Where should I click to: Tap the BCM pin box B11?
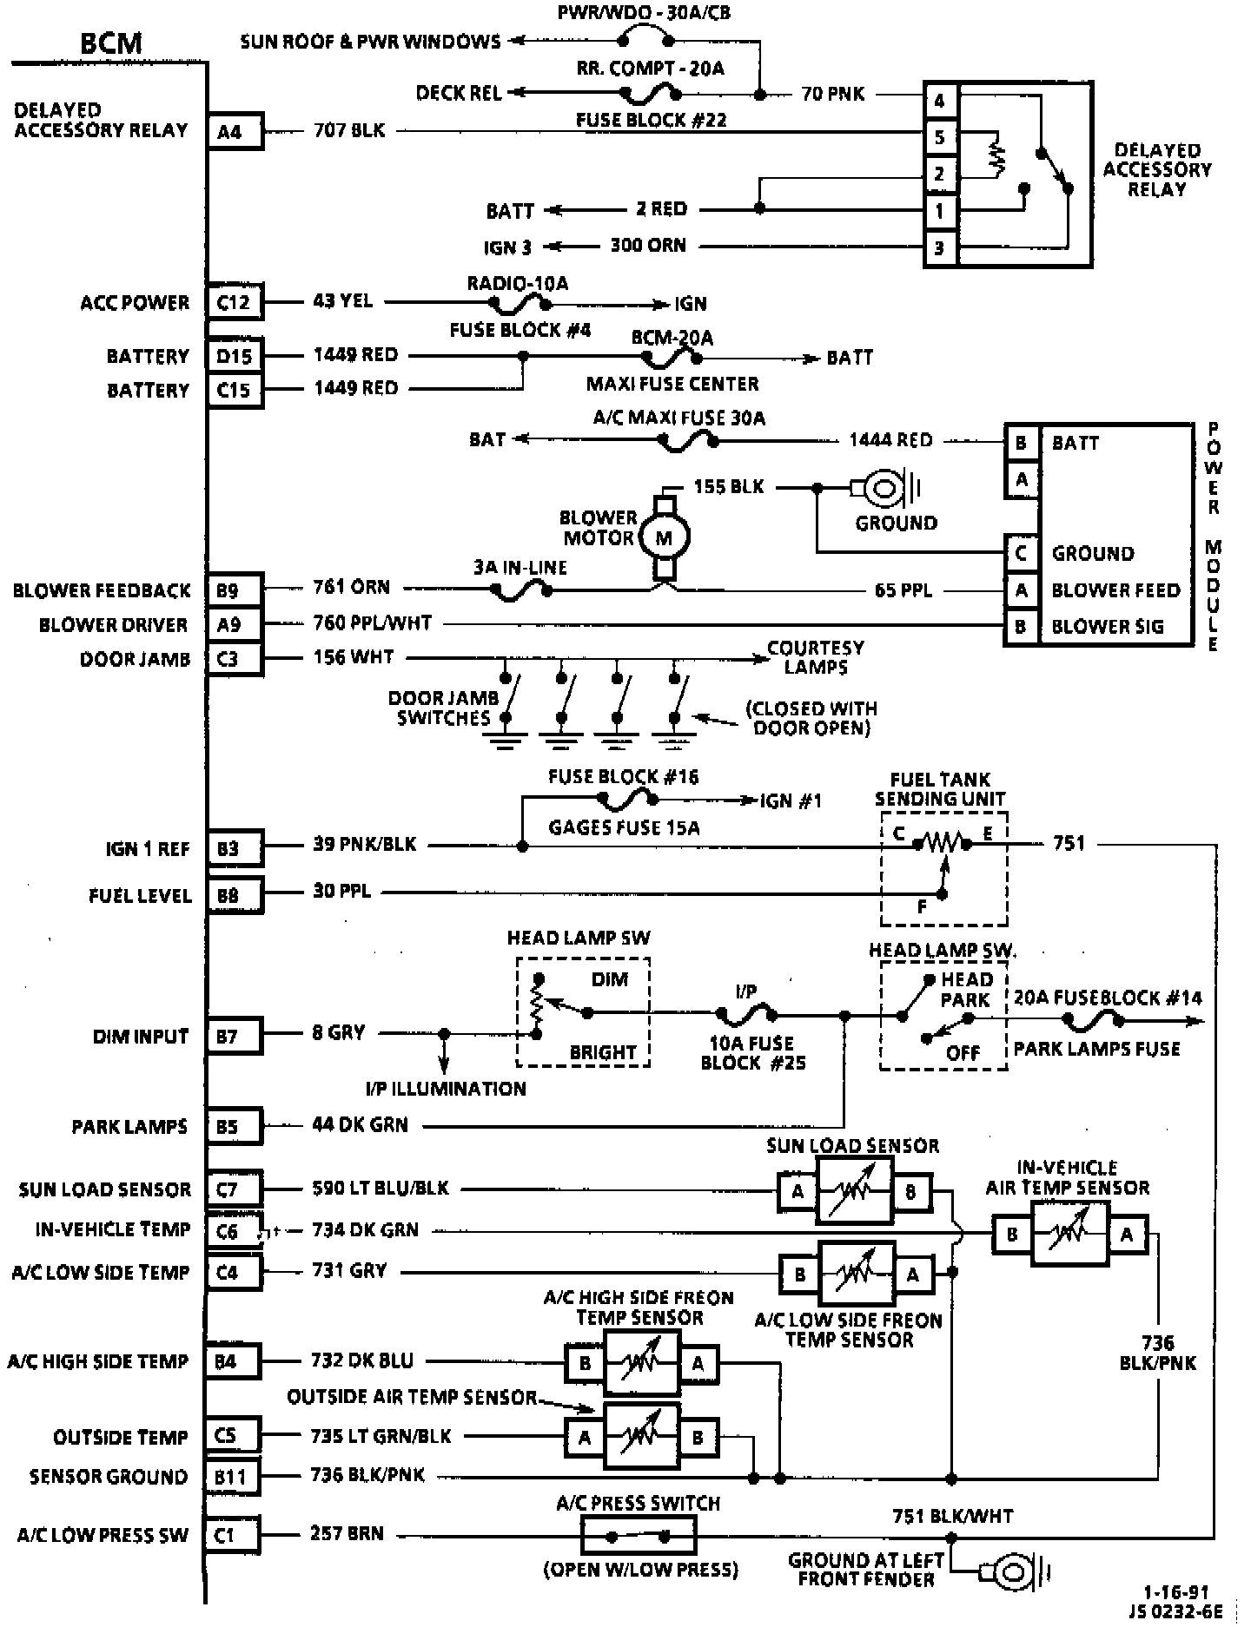pyautogui.click(x=233, y=1476)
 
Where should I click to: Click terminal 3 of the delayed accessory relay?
pyautogui.click(x=939, y=248)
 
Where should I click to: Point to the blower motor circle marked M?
pyautogui.click(x=664, y=538)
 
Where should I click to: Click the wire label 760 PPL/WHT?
pyautogui.click(x=372, y=623)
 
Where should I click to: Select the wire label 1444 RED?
pyautogui.click(x=890, y=440)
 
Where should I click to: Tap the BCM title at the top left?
pyautogui.click(x=111, y=43)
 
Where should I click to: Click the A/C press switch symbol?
pyautogui.click(x=639, y=1536)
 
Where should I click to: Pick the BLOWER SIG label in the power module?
pyautogui.click(x=1108, y=627)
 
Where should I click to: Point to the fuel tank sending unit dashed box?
pyautogui.click(x=943, y=868)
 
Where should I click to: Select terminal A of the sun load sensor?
pyautogui.click(x=798, y=1191)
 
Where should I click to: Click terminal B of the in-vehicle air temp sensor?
pyautogui.click(x=1012, y=1234)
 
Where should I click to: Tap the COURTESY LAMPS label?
pyautogui.click(x=815, y=657)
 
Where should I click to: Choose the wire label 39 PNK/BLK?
pyautogui.click(x=365, y=844)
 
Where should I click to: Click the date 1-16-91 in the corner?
pyautogui.click(x=1175, y=1591)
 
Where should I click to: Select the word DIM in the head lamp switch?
pyautogui.click(x=609, y=979)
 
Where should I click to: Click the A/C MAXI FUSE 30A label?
pyautogui.click(x=679, y=418)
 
